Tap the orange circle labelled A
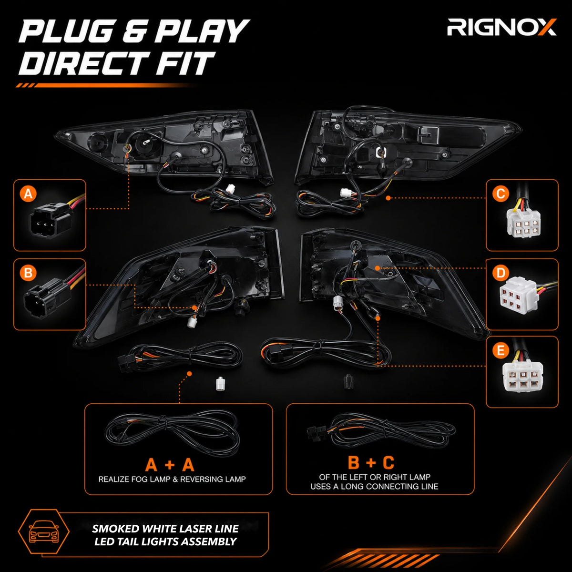tap(28, 194)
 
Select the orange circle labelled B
tap(28, 273)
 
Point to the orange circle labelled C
tap(501, 194)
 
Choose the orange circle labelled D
tap(501, 273)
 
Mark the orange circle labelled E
tap(501, 350)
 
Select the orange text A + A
tap(170, 465)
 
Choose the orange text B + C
tap(371, 462)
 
